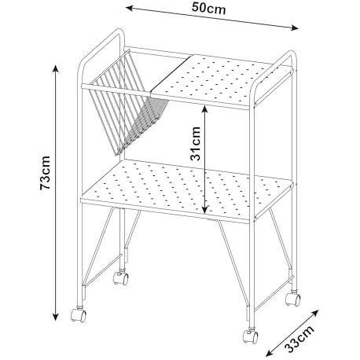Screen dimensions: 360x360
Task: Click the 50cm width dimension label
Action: tap(208, 8)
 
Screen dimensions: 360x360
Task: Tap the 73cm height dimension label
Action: tap(45, 173)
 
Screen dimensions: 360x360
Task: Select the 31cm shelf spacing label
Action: tap(195, 143)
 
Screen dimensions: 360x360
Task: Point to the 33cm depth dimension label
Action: tap(299, 340)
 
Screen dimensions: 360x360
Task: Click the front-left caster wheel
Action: tap(79, 314)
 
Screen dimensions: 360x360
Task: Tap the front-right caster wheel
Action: tap(251, 336)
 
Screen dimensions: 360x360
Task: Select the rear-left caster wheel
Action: tap(121, 277)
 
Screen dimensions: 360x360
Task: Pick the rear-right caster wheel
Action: tap(293, 298)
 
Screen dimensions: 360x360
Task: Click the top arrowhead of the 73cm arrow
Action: tap(55, 68)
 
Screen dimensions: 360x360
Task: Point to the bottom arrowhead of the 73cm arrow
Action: tap(55, 317)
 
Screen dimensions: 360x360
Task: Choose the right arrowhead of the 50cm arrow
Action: tap(295, 28)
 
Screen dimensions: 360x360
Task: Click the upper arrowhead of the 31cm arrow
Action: tap(205, 109)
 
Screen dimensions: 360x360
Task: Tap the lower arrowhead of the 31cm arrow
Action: tap(205, 209)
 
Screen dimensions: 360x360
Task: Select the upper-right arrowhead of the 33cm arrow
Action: tap(315, 313)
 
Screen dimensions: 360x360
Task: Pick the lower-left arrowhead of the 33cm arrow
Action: tap(269, 354)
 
